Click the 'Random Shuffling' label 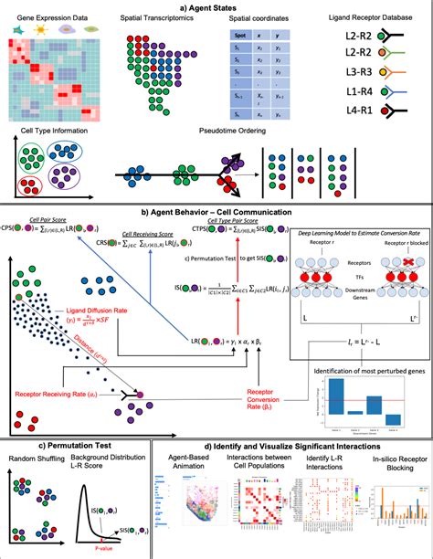coord(35,457)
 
